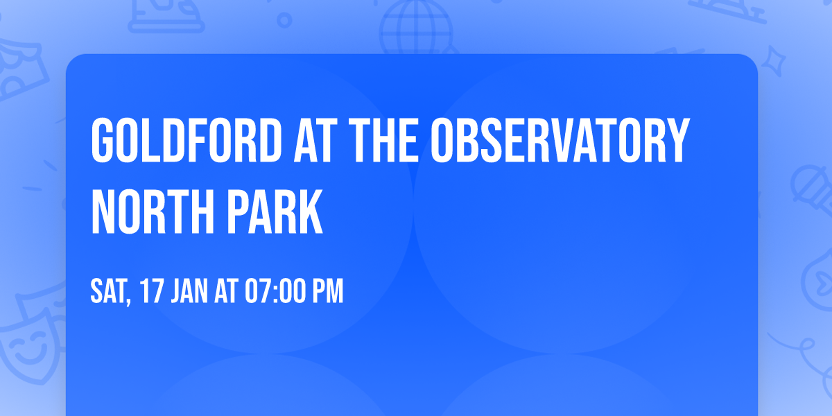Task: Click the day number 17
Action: click(x=152, y=292)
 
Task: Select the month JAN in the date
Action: click(x=189, y=292)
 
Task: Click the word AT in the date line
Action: click(x=226, y=292)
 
